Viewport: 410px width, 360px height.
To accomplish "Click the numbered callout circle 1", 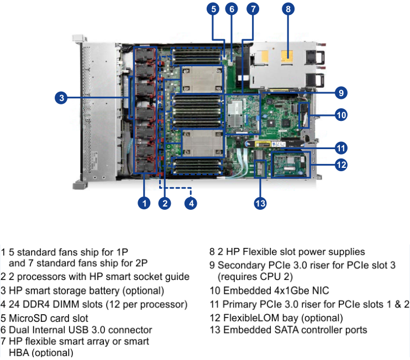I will pos(144,203).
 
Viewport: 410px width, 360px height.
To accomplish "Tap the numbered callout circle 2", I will pos(164,203).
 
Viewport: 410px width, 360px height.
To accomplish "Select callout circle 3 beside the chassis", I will pos(62,98).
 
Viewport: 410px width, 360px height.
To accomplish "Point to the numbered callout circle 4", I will pos(191,203).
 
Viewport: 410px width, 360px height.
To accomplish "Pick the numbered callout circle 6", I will pos(232,9).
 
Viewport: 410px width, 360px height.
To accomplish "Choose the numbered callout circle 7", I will pos(253,9).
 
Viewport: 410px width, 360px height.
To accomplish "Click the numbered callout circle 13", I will pos(260,203).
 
